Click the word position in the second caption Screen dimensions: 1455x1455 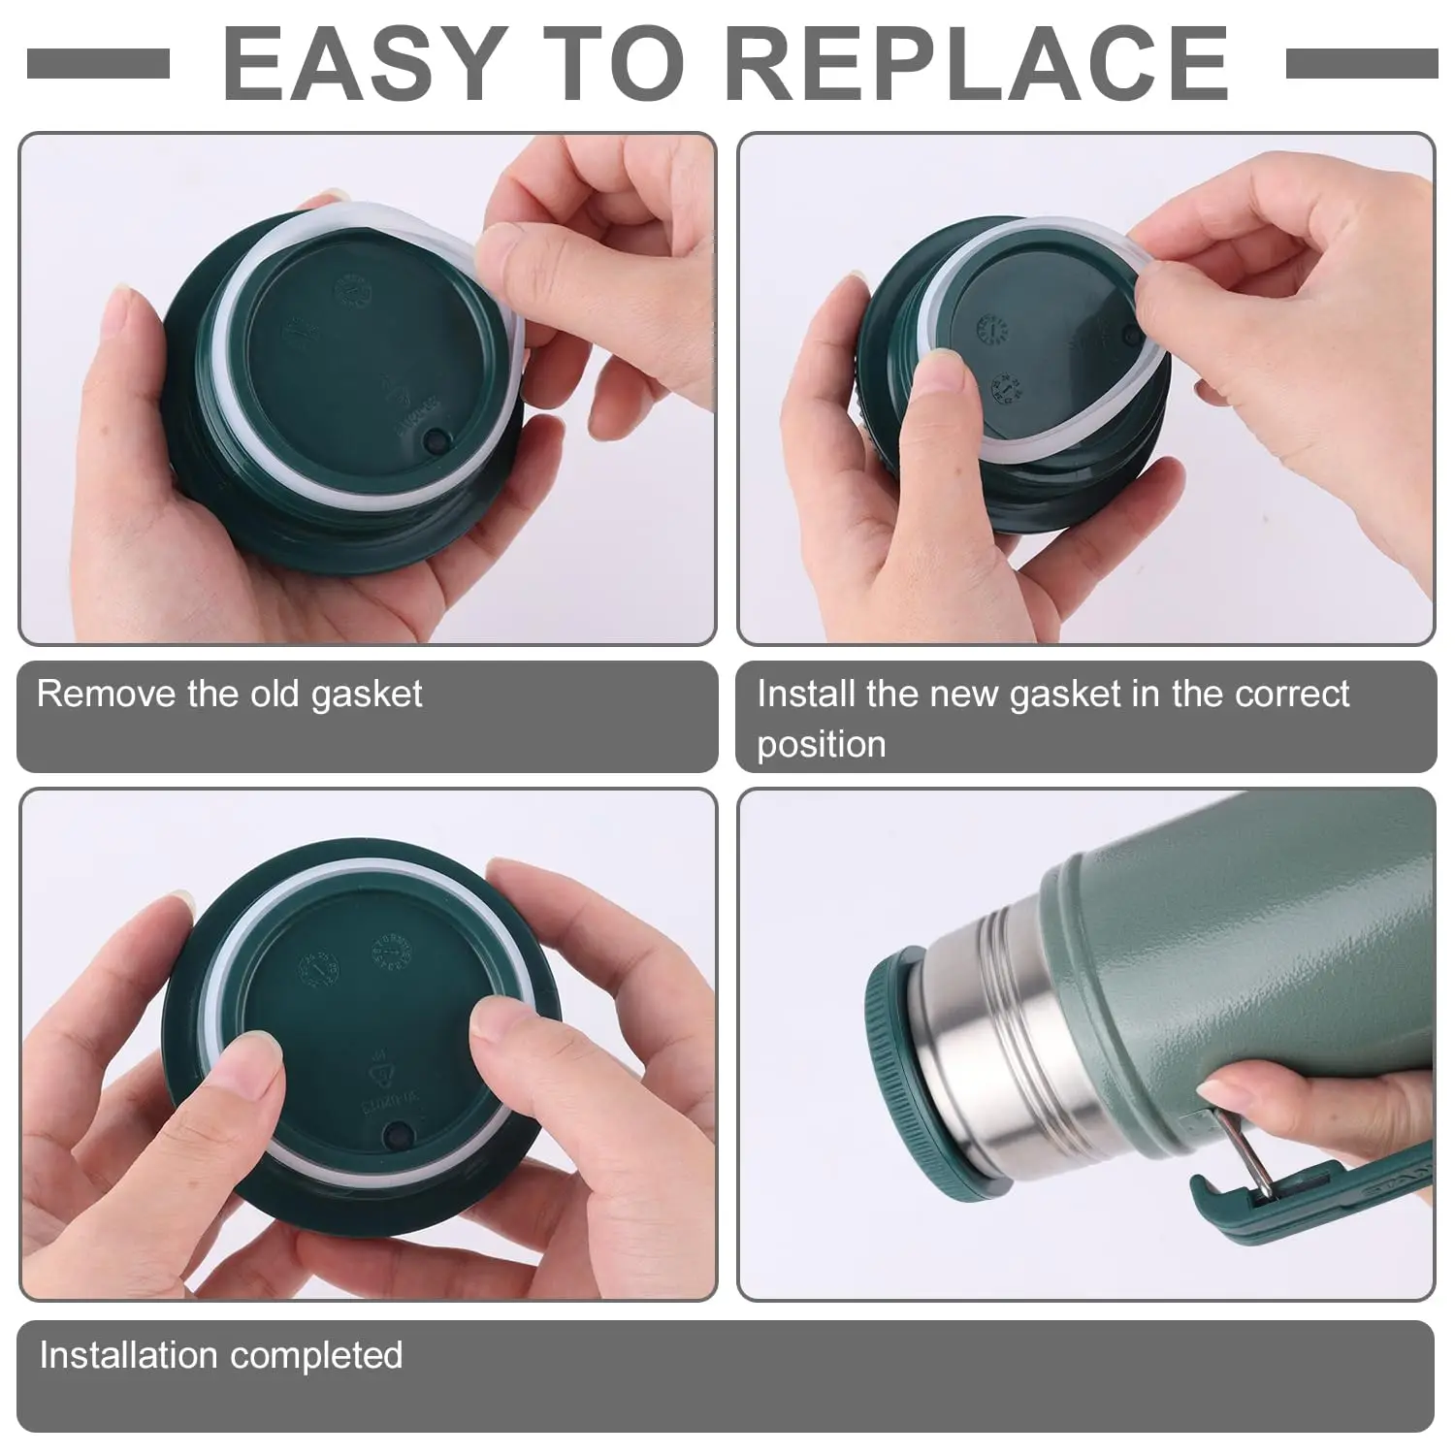(821, 745)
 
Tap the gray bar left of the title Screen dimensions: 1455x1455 (98, 64)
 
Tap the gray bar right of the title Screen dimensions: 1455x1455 (1361, 64)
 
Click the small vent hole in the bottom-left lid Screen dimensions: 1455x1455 (397, 1133)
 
